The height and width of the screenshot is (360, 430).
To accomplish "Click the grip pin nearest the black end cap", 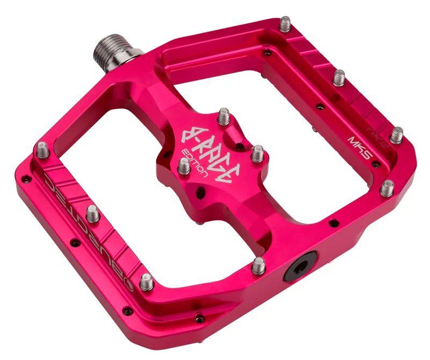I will pyautogui.click(x=259, y=265).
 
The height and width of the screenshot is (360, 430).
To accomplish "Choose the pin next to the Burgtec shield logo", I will pyautogui.click(x=146, y=281).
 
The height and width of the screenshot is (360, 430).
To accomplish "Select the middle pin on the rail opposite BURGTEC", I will pyautogui.click(x=339, y=79).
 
